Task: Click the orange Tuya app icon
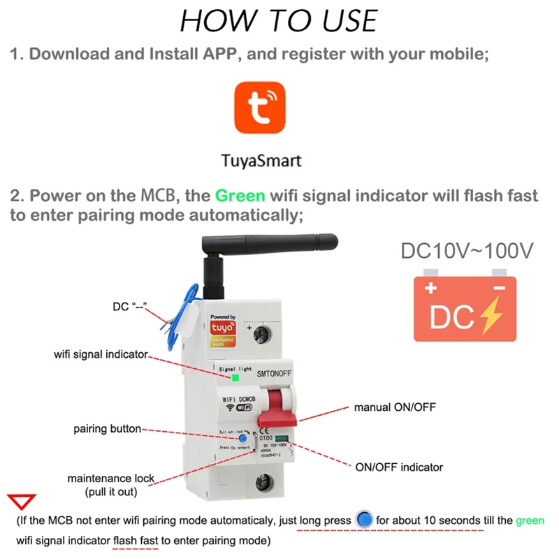(259, 108)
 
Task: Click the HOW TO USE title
(279, 20)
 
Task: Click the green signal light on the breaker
(236, 377)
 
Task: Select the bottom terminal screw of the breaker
(264, 481)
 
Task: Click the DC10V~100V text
(466, 251)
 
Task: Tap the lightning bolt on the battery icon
(484, 316)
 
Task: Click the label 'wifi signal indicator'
(101, 354)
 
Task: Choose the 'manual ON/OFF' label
(395, 407)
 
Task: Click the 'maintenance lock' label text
(111, 479)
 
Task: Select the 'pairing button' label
(107, 428)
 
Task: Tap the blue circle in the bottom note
(363, 521)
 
